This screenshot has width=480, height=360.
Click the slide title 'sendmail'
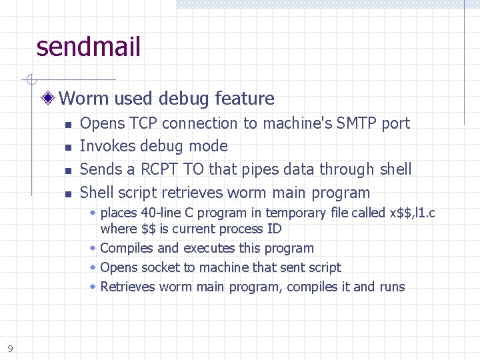click(89, 47)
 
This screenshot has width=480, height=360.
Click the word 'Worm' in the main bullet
click(84, 99)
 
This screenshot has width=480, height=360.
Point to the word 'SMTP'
click(357, 123)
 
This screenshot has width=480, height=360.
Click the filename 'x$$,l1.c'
click(412, 213)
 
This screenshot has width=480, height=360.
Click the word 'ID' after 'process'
click(274, 229)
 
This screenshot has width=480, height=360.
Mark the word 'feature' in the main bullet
click(245, 99)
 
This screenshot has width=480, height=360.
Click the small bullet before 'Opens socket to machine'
click(93, 267)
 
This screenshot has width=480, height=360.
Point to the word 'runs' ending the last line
click(391, 287)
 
